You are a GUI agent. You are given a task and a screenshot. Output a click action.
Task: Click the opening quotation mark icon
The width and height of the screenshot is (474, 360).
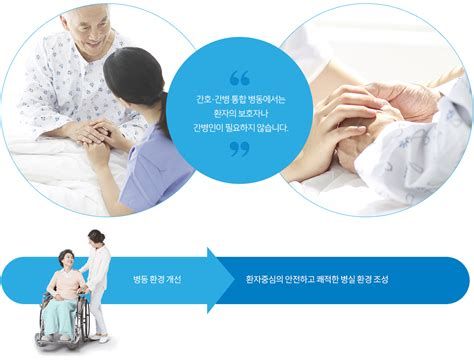coord(238,76)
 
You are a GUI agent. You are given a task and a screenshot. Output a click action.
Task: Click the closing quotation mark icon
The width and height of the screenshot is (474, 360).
coord(238,151)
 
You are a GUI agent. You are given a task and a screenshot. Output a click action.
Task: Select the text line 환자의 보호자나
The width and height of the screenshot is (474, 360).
coord(237,113)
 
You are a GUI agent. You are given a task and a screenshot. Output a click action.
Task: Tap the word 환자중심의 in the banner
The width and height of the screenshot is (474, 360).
coord(263,278)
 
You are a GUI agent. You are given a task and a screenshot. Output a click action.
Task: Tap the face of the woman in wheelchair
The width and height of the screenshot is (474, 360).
coord(66,260)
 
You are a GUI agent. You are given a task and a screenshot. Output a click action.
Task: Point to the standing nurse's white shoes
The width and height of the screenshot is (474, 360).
coord(102,337)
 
